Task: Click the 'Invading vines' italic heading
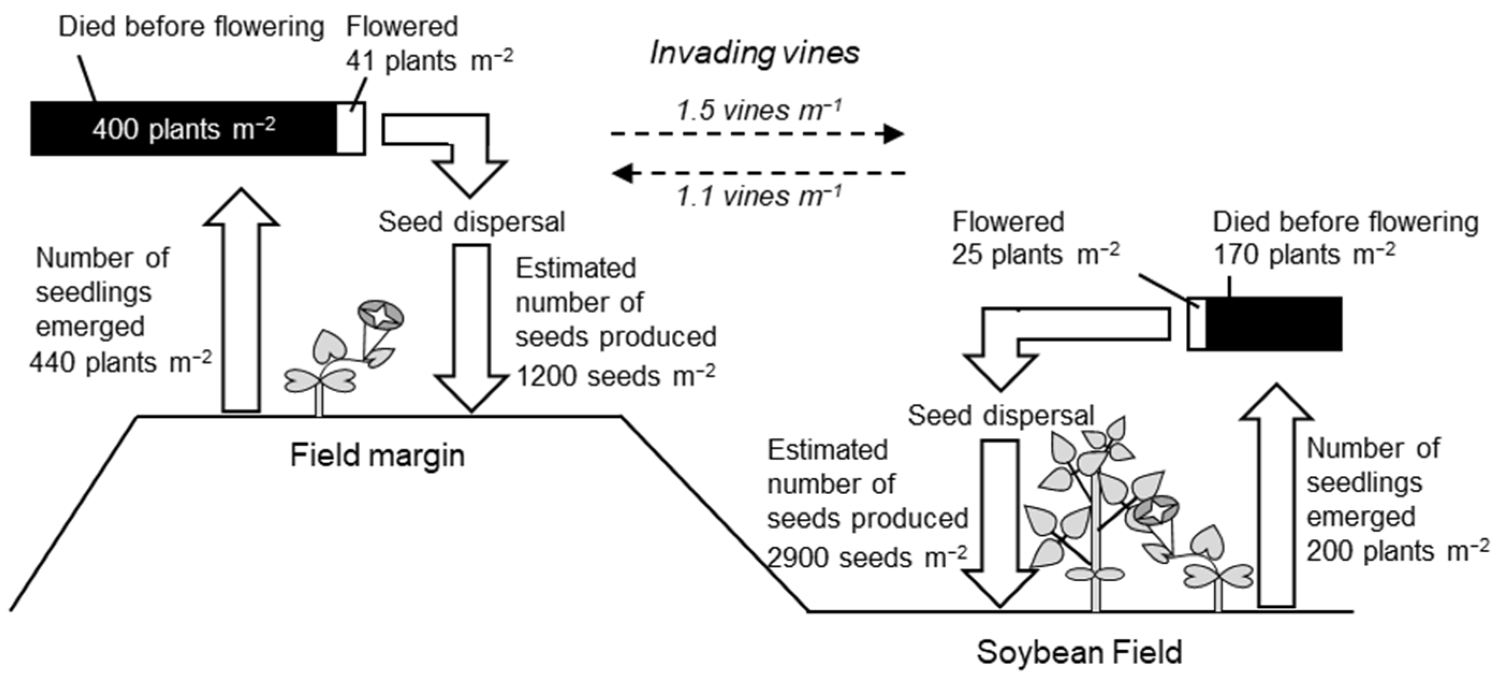click(x=754, y=54)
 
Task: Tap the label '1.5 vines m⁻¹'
click(x=758, y=111)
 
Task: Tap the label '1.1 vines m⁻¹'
click(x=758, y=196)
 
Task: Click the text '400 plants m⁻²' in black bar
click(x=184, y=128)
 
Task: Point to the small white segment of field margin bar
click(x=351, y=128)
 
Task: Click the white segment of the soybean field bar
click(x=1197, y=324)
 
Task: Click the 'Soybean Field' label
click(x=1079, y=652)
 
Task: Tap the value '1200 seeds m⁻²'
click(x=615, y=375)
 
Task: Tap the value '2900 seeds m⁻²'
click(x=866, y=557)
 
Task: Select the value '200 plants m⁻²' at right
click(x=1398, y=550)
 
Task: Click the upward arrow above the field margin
click(x=241, y=302)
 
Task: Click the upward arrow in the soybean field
click(x=1276, y=500)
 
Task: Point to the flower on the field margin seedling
click(x=380, y=316)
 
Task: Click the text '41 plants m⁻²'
click(x=429, y=61)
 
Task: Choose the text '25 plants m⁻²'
click(x=1035, y=254)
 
